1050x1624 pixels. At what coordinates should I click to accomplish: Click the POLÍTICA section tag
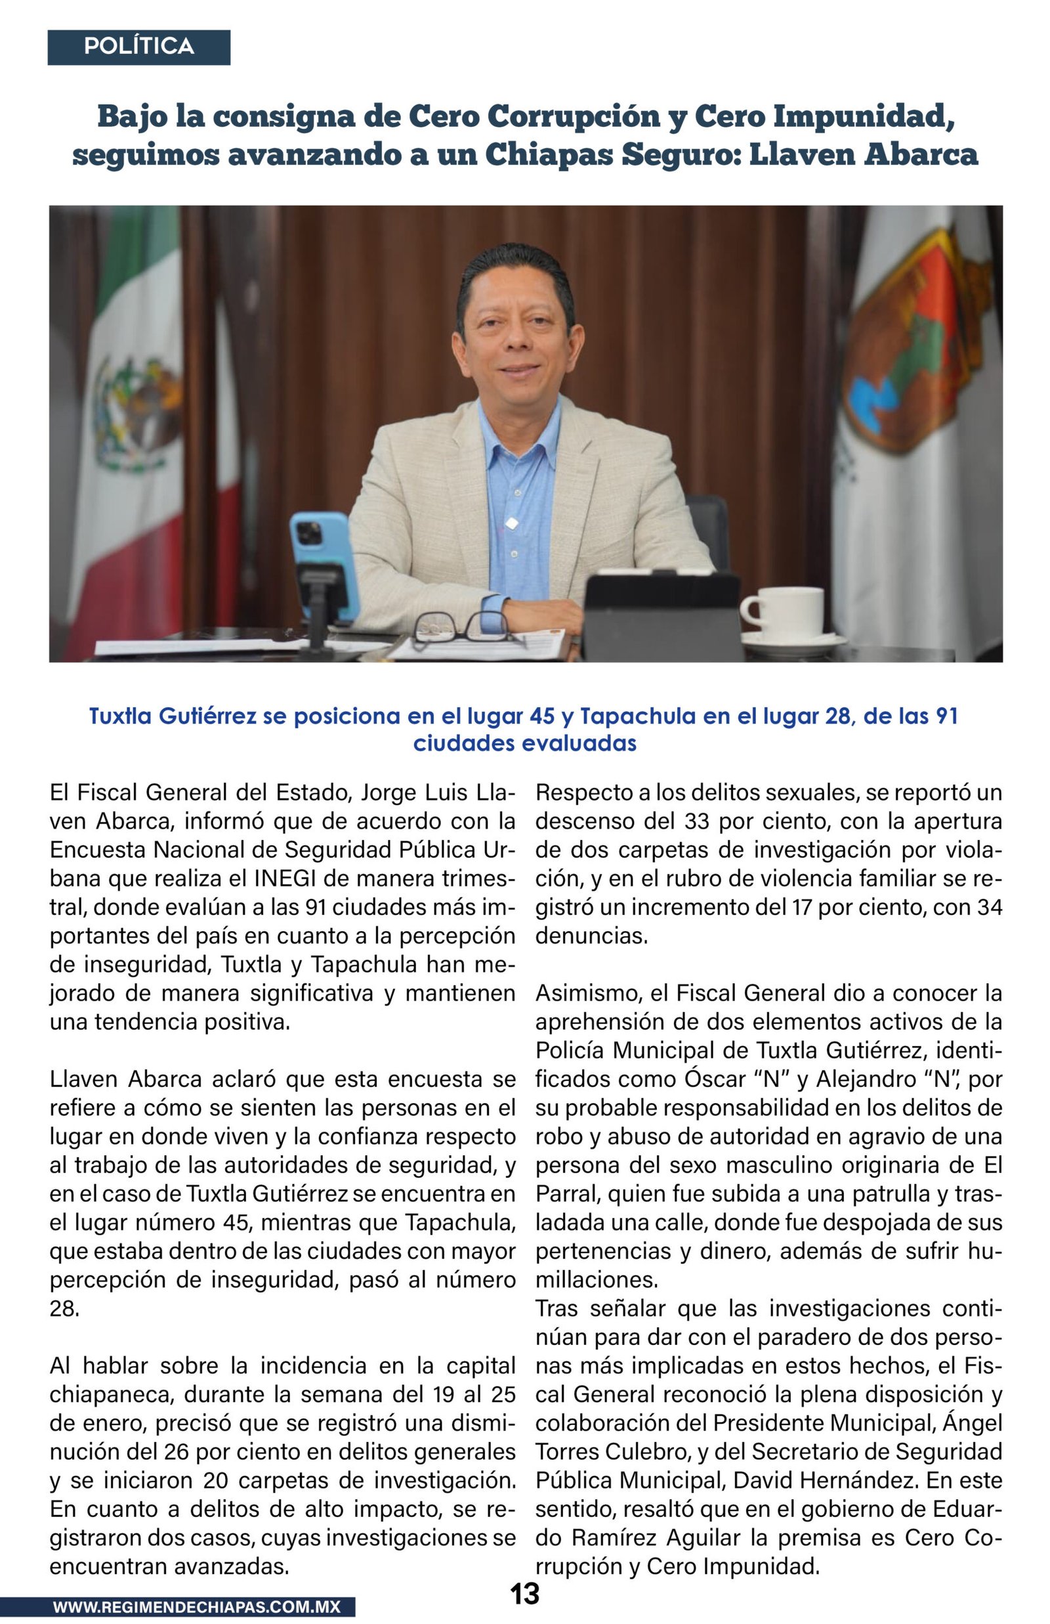pos(138,47)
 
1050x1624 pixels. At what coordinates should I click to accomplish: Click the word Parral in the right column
pos(565,1194)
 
